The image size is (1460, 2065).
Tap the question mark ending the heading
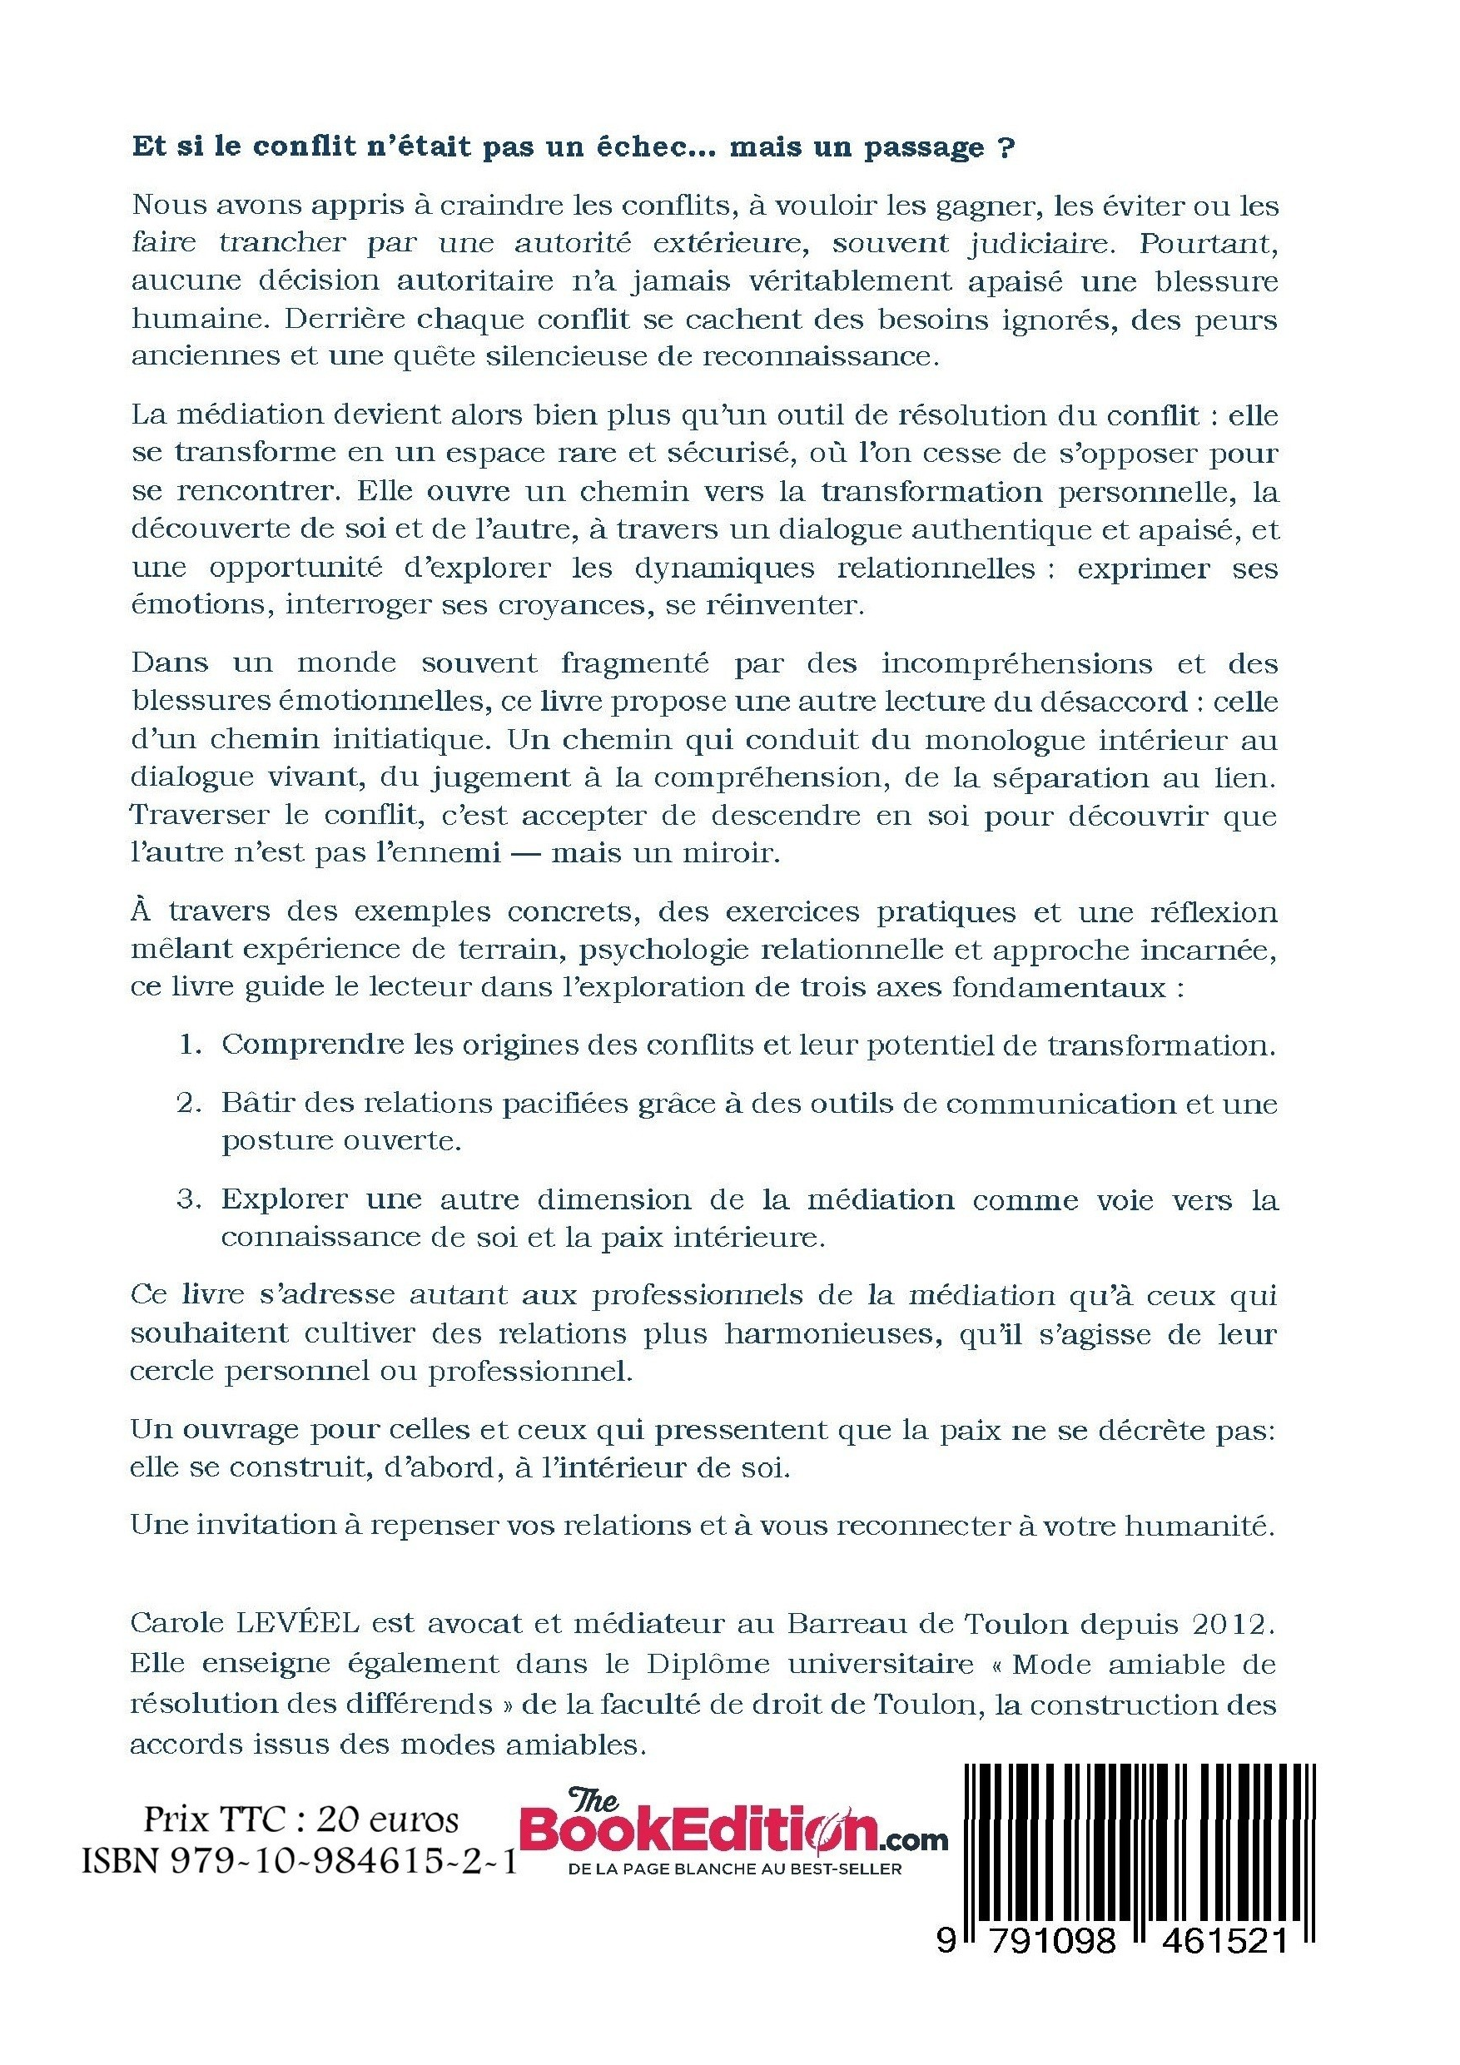click(x=1006, y=147)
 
